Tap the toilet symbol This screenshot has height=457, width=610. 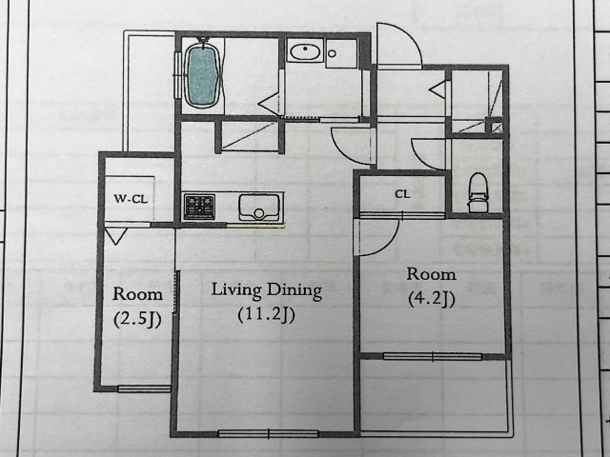(478, 192)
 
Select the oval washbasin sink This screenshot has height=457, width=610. (305, 51)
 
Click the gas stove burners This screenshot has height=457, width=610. (199, 207)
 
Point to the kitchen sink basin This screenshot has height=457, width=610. (259, 208)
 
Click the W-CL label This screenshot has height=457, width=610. (131, 199)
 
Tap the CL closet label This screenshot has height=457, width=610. (402, 193)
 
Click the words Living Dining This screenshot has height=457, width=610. (267, 290)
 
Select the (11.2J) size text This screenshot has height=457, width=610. (267, 315)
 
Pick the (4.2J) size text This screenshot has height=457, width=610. (432, 298)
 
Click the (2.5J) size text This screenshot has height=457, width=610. (137, 319)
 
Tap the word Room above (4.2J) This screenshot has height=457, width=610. (432, 274)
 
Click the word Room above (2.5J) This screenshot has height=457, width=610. (137, 294)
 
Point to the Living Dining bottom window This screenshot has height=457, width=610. (269, 433)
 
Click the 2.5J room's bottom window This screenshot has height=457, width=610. (144, 388)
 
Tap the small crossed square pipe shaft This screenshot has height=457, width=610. (497, 128)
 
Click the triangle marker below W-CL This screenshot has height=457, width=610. (116, 236)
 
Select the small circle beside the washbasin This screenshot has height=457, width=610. (332, 53)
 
